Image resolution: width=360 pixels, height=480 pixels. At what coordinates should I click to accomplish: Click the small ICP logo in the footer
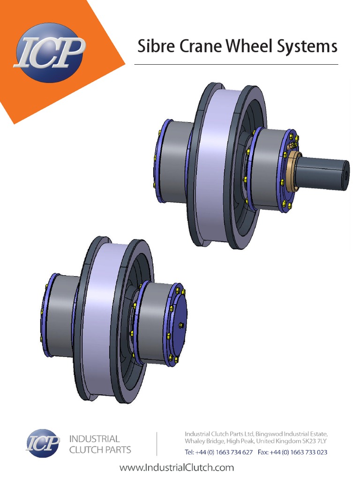[x=43, y=443]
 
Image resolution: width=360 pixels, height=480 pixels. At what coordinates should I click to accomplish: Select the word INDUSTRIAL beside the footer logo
[x=94, y=439]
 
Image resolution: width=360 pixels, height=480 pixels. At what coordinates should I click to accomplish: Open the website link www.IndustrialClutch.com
[x=177, y=467]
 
